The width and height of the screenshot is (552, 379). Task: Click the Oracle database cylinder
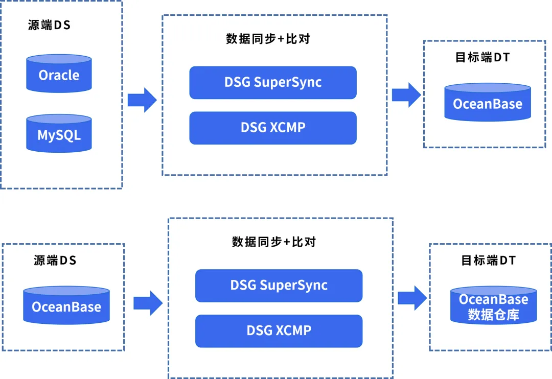coord(59,74)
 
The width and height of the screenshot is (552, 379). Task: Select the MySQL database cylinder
coord(59,134)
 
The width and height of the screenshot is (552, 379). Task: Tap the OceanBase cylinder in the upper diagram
coord(487,103)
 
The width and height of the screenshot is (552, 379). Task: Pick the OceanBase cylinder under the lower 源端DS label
coord(66,305)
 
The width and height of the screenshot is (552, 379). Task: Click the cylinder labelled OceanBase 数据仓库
coord(493,306)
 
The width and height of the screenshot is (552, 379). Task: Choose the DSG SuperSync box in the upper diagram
coord(272,82)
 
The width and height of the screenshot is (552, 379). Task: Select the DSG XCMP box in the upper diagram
coord(272,128)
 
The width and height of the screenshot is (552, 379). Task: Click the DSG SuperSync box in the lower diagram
coord(279,286)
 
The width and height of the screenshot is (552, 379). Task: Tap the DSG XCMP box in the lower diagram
coord(279,330)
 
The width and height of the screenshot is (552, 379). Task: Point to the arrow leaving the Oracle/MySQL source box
coord(142,100)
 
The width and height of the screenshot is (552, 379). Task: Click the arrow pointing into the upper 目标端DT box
coord(406,95)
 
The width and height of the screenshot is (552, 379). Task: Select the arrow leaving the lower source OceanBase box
coord(148,303)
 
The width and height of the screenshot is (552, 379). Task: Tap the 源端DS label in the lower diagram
coord(55,260)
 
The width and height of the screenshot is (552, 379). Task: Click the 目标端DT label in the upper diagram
coord(482,57)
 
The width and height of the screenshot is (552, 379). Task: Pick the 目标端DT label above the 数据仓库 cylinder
coord(488,260)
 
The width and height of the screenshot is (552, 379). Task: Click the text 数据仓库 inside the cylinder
coord(493,315)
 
